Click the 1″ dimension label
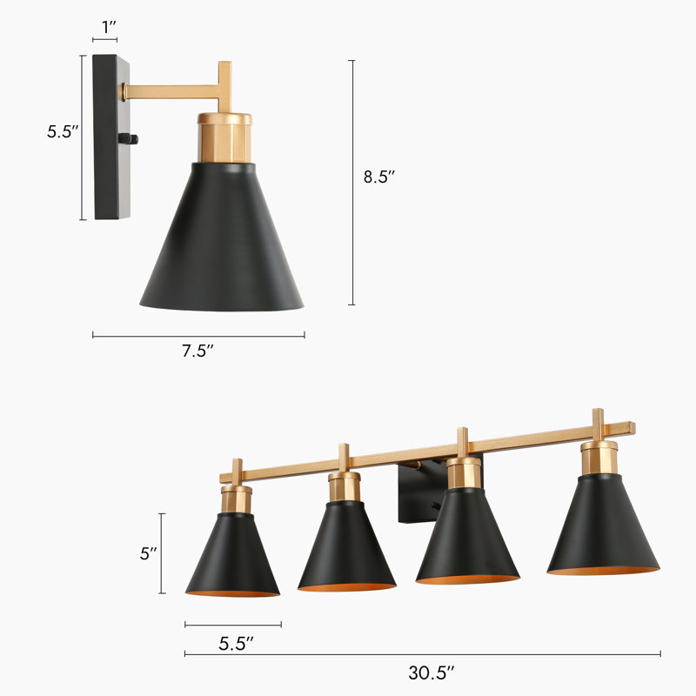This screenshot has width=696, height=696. [109, 26]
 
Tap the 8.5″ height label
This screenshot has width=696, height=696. [379, 177]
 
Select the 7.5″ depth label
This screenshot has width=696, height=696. [197, 351]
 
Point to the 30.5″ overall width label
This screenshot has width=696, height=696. [432, 672]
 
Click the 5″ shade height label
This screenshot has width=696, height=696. [148, 553]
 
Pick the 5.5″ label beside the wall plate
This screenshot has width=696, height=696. [63, 133]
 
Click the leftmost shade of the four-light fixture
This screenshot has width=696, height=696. [232, 557]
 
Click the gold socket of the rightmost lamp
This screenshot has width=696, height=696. [599, 457]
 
